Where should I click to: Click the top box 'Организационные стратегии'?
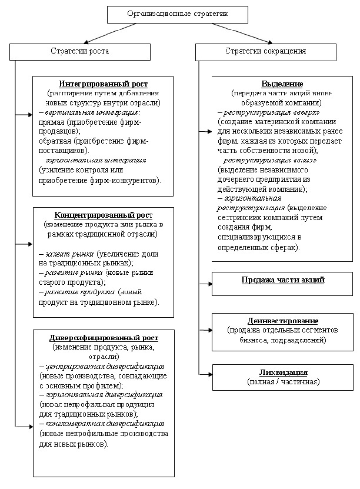tap(177, 14)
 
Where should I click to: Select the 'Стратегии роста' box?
tap(80, 52)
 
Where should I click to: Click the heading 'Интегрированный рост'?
tap(104, 84)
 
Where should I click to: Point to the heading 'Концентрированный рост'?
tap(104, 215)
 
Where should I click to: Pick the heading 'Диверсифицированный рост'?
tap(104, 338)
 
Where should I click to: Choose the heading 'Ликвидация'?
tap(283, 373)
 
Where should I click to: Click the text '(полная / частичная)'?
tap(283, 382)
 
